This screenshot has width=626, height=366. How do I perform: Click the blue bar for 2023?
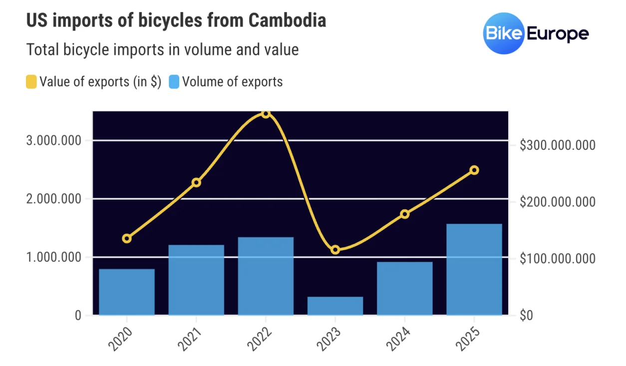click(335, 306)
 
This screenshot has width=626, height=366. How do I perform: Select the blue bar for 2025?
click(474, 270)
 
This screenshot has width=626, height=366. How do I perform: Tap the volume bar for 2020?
click(127, 292)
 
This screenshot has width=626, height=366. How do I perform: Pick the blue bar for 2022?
click(266, 276)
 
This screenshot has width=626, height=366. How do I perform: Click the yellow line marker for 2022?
click(266, 114)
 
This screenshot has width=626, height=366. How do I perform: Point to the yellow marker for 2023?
click(335, 250)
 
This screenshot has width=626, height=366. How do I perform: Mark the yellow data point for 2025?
click(474, 170)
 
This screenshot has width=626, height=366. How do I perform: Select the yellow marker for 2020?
click(127, 238)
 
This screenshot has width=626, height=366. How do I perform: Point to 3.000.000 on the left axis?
click(53, 140)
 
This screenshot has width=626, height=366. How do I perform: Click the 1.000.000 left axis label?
click(53, 258)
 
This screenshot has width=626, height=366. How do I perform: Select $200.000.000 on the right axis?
click(557, 202)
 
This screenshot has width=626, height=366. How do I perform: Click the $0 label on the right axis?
click(526, 316)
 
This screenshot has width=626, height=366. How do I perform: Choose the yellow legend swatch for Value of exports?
click(31, 82)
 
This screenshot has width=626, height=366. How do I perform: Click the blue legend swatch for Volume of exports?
click(174, 82)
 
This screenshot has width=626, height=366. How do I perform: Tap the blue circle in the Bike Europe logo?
click(503, 33)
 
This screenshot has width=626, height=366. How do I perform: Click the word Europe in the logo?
click(557, 34)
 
